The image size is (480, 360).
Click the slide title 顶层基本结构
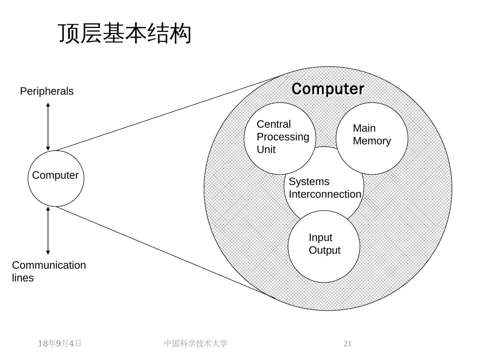[125, 33]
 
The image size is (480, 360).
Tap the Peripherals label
[47, 91]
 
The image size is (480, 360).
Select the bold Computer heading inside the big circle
[328, 89]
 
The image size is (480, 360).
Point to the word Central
[274, 124]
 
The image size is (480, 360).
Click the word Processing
[283, 137]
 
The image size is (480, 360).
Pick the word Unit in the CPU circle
[266, 150]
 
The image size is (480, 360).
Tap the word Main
[364, 128]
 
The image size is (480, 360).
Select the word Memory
[372, 141]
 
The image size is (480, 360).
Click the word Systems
[309, 182]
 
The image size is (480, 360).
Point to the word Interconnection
[325, 194]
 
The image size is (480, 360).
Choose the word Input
[320, 238]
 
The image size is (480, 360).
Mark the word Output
[324, 250]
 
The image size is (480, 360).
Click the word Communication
[49, 265]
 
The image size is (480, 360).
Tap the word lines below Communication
[23, 278]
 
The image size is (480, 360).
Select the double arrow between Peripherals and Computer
[48, 127]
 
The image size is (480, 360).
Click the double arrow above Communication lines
[48, 231]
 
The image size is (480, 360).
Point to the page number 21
[347, 344]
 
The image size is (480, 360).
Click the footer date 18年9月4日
[60, 344]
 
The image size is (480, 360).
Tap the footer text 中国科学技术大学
[196, 344]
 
